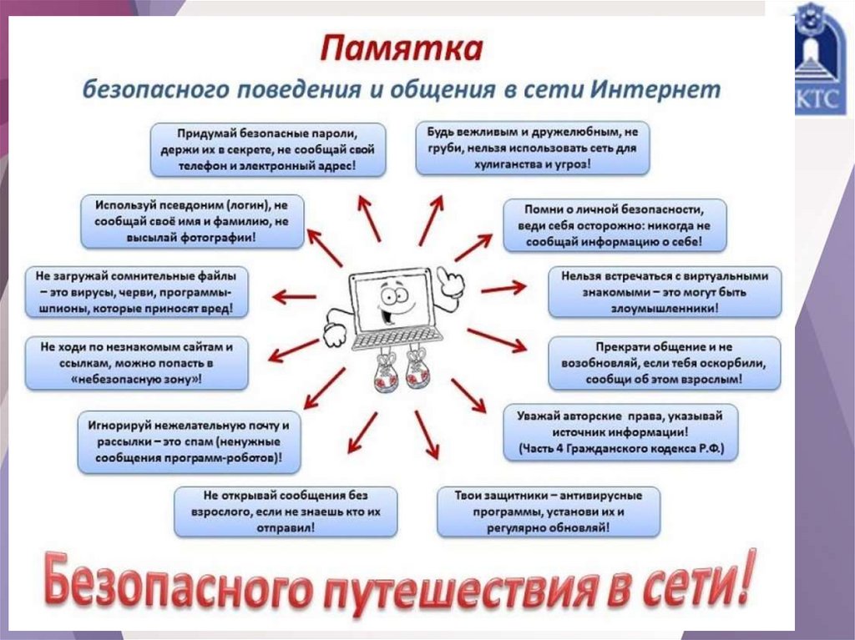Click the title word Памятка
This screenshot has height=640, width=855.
(x=402, y=48)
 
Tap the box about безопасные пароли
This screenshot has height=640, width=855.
(x=268, y=149)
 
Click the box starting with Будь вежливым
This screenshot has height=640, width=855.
(x=532, y=148)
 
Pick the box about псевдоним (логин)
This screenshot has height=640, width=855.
(x=192, y=221)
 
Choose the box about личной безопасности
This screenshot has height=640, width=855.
(x=615, y=224)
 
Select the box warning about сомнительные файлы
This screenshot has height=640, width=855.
(x=136, y=291)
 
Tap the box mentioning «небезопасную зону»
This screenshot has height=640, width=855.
(x=137, y=361)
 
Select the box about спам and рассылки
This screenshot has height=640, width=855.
(x=190, y=441)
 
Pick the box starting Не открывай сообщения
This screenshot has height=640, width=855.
(x=286, y=511)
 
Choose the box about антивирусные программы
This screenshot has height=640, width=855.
(x=549, y=511)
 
